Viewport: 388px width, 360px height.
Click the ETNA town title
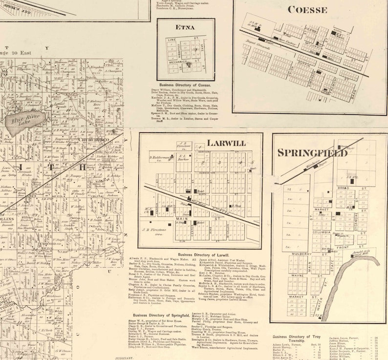[186, 27]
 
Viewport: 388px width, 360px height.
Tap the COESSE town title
[307, 9]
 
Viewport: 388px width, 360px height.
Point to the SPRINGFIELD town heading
[312, 152]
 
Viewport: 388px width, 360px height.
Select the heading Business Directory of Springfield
[161, 316]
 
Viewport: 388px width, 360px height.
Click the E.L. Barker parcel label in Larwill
[184, 158]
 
